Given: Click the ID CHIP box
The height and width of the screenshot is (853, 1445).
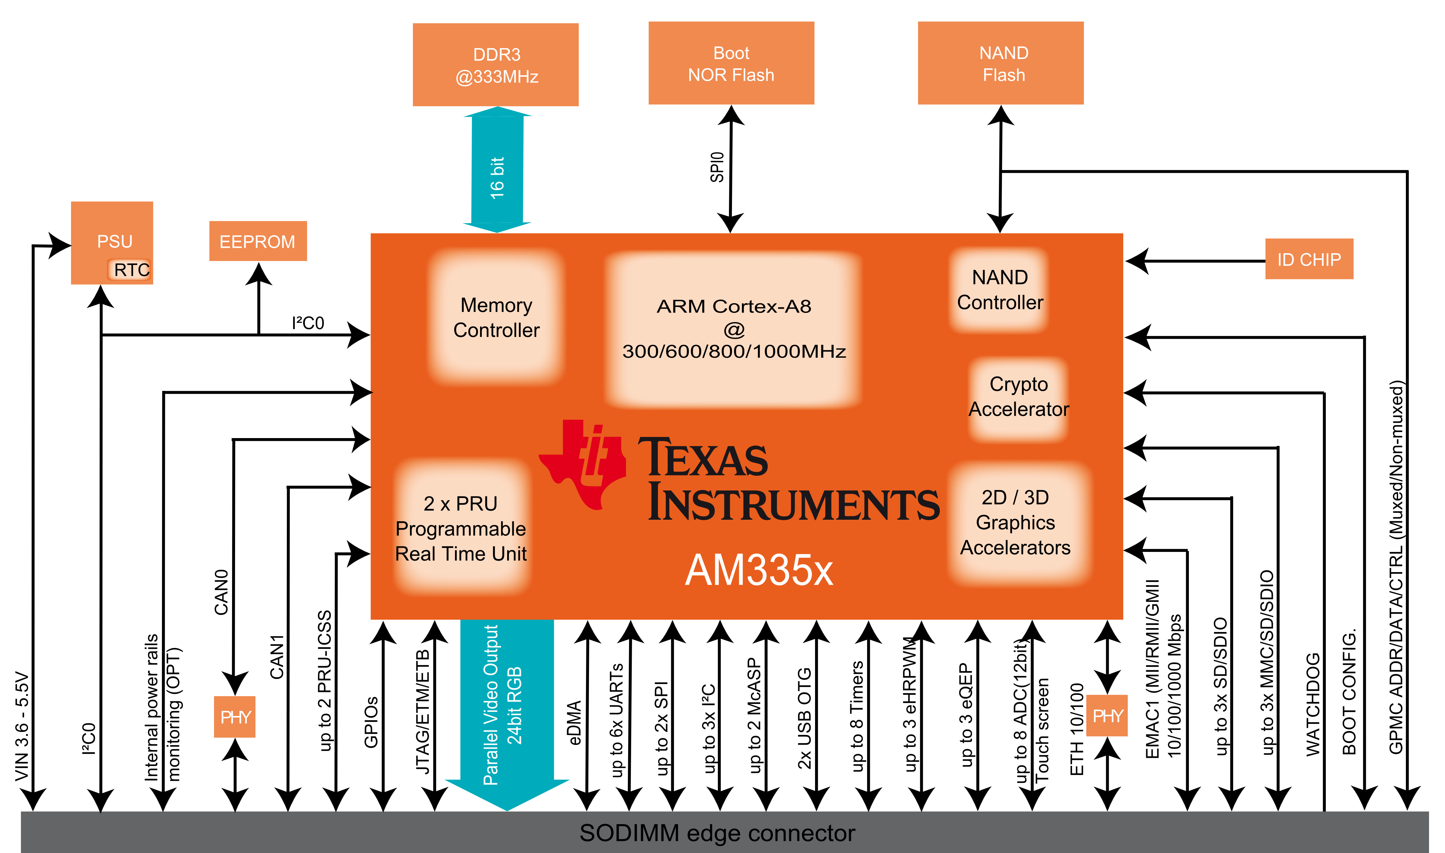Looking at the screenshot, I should [1309, 259].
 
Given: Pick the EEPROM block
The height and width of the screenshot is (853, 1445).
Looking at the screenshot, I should [257, 241].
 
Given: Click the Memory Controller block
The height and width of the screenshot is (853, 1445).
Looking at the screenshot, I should [496, 317].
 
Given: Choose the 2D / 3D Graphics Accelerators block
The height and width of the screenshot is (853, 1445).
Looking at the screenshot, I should [1015, 522].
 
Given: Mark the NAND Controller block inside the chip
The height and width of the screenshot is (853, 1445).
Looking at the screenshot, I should [1000, 290].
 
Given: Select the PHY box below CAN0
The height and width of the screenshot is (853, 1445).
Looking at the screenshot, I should [234, 717].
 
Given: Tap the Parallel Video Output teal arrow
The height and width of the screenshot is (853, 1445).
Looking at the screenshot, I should [507, 707].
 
